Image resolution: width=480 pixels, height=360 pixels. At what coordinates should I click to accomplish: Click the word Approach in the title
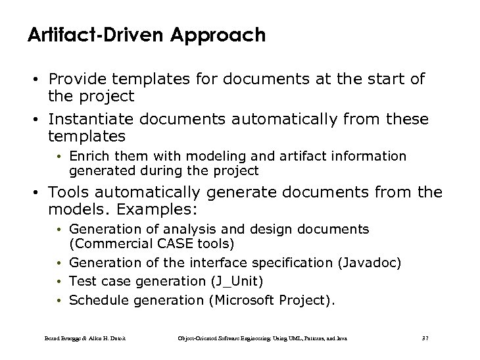click(221, 36)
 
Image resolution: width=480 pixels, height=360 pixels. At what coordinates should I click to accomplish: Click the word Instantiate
click(86, 120)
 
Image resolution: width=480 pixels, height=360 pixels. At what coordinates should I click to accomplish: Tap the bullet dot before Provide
click(38, 80)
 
